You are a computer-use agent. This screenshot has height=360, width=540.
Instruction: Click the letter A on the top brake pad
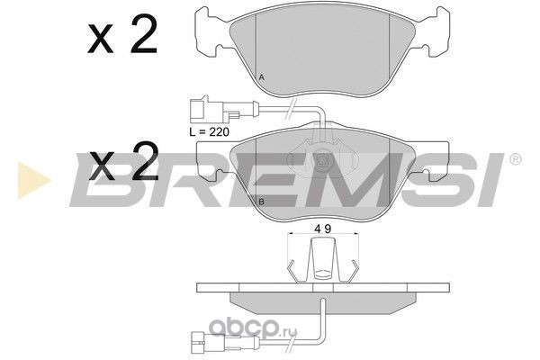tap(261, 77)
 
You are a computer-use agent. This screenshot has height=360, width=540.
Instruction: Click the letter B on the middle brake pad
tap(261, 202)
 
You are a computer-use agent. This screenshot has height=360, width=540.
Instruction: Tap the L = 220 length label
tap(210, 131)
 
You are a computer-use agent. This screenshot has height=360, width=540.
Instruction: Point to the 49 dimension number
tap(323, 229)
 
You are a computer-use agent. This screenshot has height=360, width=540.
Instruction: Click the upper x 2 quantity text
tap(122, 34)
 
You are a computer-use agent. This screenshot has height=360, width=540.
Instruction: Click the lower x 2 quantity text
tap(123, 162)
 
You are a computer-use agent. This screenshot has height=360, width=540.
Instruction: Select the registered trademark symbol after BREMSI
tap(515, 159)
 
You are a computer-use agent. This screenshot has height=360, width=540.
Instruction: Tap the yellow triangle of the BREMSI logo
tap(33, 180)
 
